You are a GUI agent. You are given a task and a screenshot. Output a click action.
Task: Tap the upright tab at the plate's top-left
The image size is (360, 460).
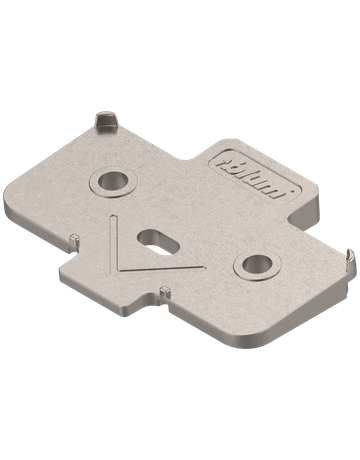(105, 121)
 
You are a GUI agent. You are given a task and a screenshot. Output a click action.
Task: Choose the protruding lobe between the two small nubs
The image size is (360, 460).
(85, 270)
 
